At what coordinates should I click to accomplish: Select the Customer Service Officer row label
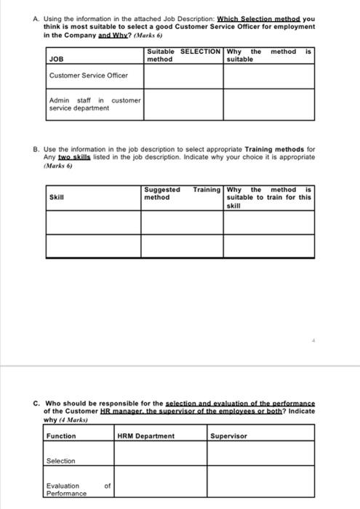88,76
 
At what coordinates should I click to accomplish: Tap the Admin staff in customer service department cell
94,104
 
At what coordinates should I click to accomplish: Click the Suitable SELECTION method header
183,55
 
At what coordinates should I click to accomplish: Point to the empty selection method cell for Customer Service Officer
183,76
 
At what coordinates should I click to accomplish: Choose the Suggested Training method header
183,193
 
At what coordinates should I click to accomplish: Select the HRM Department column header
146,436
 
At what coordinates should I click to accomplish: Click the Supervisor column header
229,436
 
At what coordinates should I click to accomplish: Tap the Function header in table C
61,436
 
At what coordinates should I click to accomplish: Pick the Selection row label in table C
61,461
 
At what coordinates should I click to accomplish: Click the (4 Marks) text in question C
71,420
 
